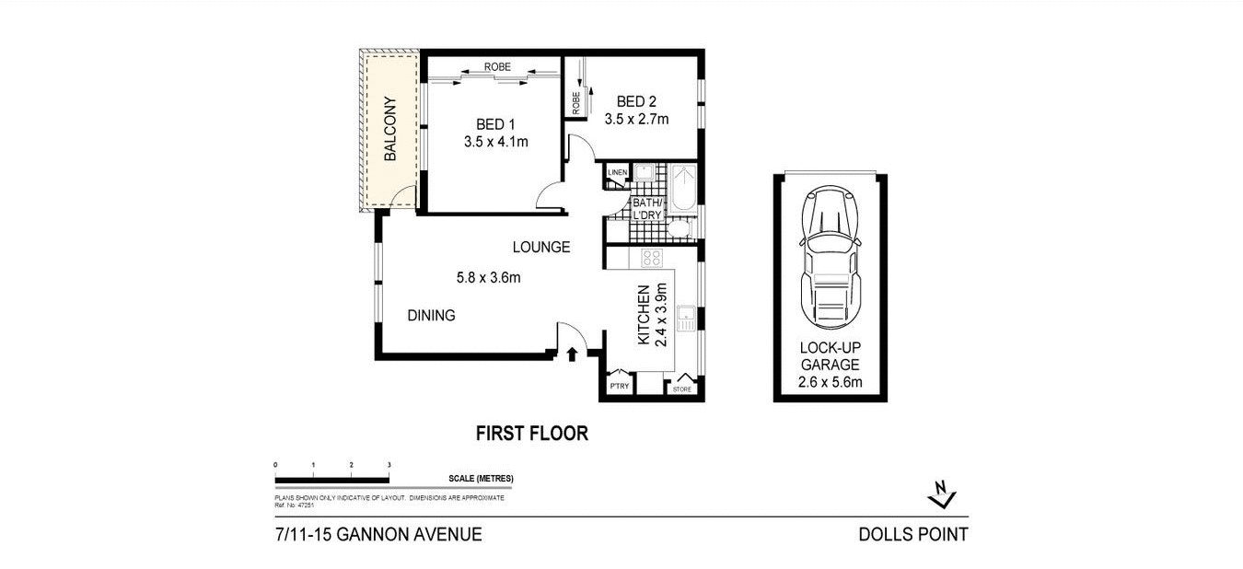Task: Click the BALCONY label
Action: point(389,129)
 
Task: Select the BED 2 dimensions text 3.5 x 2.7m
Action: point(636,119)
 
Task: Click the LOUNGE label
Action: point(541,247)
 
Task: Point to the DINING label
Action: point(431,316)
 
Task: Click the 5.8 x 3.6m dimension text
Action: point(487,277)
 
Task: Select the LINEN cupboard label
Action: point(616,172)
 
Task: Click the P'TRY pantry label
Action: point(619,387)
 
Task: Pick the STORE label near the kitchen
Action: point(681,389)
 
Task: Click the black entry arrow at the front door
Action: point(573,354)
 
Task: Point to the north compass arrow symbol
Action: point(941,494)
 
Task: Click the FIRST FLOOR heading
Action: point(531,434)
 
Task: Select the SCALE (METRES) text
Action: point(481,479)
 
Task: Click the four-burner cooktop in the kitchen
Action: point(651,257)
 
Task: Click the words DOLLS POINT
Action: point(912,534)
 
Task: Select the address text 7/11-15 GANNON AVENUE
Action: point(378,534)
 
